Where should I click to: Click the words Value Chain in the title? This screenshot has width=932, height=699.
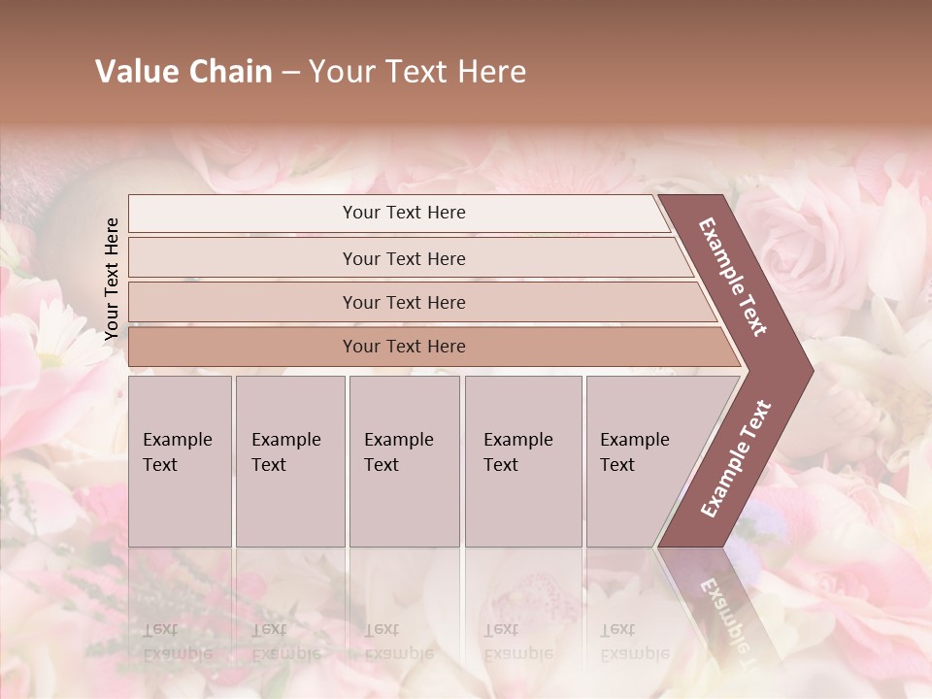coord(183,72)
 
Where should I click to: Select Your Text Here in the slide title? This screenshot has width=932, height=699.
coord(417,72)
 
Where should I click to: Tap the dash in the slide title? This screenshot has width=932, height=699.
coord(289,73)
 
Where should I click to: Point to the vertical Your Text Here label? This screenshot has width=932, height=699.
coord(112,279)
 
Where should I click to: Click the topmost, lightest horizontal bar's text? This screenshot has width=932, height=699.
coord(404,213)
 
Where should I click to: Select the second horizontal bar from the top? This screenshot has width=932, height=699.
coord(404,258)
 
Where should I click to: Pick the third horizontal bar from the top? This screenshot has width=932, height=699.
coord(404,302)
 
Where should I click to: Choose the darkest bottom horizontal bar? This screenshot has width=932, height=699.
coord(404,347)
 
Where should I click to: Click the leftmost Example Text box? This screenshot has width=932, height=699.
coord(178,452)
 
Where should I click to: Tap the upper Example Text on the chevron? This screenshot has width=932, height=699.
coord(733,276)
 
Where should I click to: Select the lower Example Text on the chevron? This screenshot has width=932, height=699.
coord(735,459)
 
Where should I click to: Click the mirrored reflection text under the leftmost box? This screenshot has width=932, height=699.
coord(178,641)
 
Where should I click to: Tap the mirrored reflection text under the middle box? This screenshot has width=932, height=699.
coord(399,641)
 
